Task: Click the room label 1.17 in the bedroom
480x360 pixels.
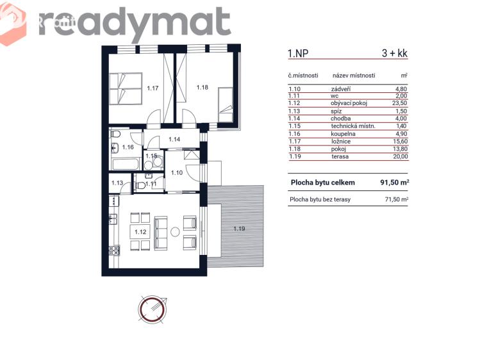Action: [x=153, y=88]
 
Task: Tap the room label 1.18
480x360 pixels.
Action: [x=203, y=88]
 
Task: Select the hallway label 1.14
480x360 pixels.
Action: [x=174, y=140]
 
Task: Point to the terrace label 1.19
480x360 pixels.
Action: [x=240, y=229]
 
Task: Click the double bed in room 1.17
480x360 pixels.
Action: [x=126, y=88]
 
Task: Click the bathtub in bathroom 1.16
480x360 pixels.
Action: [x=126, y=165]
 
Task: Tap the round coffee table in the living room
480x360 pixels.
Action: [x=175, y=231]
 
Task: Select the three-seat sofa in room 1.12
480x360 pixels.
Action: [x=161, y=233]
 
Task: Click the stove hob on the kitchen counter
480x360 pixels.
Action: [x=115, y=251]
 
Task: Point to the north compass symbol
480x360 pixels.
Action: [x=153, y=308]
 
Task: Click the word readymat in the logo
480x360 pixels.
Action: [x=135, y=23]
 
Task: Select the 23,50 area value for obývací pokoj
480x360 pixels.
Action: [x=400, y=103]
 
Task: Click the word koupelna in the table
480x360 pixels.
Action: [x=343, y=134]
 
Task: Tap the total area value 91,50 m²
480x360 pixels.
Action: [x=395, y=183]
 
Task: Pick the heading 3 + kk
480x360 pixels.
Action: [x=395, y=53]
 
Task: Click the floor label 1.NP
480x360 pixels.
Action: [x=298, y=54]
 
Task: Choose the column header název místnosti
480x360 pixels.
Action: [x=354, y=75]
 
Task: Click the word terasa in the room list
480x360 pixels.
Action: [x=340, y=156]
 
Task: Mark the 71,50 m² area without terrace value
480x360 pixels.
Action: [x=397, y=199]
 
